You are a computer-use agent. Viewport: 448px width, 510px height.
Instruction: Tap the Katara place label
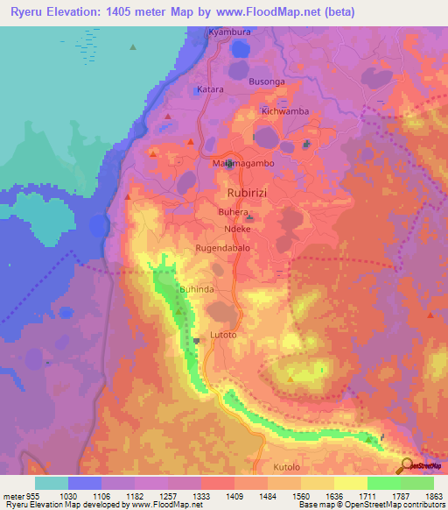(210, 89)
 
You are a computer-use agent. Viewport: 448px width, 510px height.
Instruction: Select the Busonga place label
(268, 81)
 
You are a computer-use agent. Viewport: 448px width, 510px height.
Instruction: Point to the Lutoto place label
(224, 335)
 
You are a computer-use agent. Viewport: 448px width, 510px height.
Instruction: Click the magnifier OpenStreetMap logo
(405, 465)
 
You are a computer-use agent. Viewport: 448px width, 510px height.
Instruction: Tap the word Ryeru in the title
(29, 12)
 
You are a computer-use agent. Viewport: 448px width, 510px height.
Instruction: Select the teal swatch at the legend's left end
(52, 483)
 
